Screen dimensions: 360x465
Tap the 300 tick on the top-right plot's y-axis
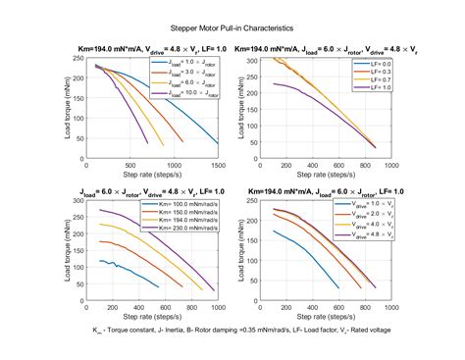pyautogui.click(x=259, y=60)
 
